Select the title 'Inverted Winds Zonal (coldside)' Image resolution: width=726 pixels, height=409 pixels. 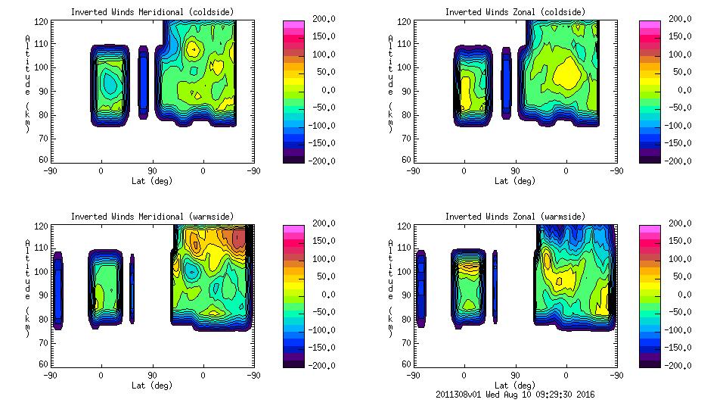point(515,11)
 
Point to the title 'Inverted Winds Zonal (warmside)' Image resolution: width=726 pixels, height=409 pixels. point(515,216)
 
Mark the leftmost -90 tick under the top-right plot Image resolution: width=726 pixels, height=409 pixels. point(413,171)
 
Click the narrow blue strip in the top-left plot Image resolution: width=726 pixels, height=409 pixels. point(144,83)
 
